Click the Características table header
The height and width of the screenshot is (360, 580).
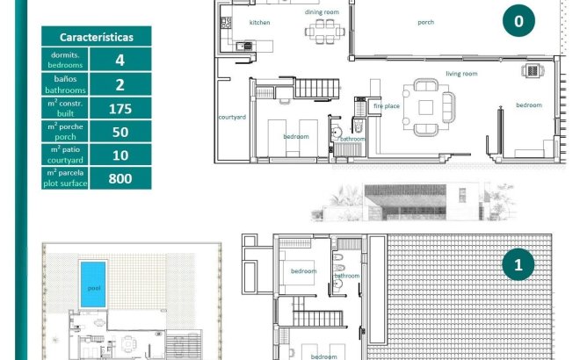point(96,37)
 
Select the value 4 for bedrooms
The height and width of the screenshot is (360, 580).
point(120,61)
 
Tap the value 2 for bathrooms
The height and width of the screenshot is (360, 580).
point(120,84)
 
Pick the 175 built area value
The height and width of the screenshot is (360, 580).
point(120,109)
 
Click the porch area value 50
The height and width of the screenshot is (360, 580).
point(120,132)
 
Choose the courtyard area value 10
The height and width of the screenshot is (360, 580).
point(120,155)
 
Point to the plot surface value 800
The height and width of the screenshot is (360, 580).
point(120,178)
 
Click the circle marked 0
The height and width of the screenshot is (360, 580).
point(518,22)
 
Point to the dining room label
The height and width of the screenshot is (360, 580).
point(322,11)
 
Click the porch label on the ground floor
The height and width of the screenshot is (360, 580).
point(425,22)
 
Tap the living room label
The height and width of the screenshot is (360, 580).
point(460,74)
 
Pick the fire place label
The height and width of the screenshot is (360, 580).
point(387,105)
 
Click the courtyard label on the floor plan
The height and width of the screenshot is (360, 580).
point(231,116)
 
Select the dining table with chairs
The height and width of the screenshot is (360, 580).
point(322,33)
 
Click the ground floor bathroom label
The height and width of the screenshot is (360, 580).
point(353,139)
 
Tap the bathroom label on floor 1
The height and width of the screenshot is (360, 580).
point(346,276)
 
